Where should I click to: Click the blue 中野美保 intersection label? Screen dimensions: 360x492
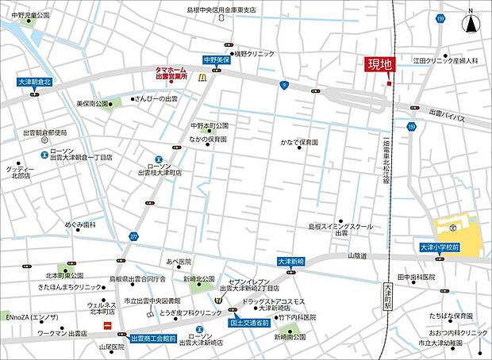(x=216, y=59)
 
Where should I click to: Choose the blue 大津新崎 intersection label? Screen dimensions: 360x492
(x=291, y=261)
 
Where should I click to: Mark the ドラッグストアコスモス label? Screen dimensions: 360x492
(x=274, y=302)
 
